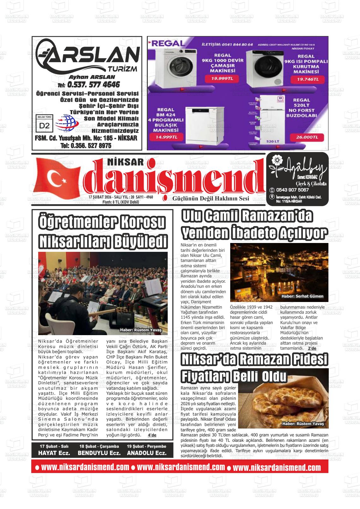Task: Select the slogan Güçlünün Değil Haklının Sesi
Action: pyautogui.click(x=211, y=198)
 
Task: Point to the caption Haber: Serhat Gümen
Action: pyautogui.click(x=302, y=296)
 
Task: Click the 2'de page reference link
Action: pyautogui.click(x=312, y=348)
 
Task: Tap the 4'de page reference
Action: pyautogui.click(x=152, y=435)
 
